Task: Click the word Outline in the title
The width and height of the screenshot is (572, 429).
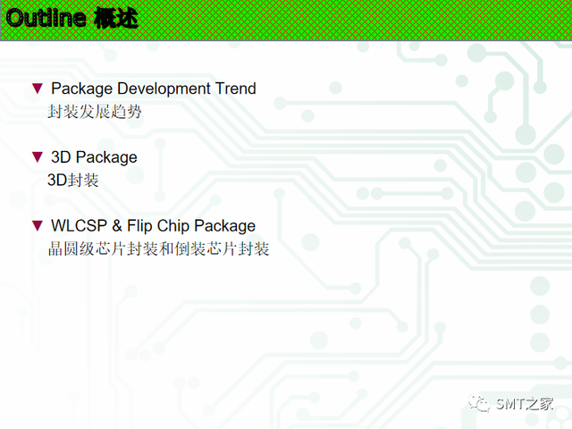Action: click(46, 18)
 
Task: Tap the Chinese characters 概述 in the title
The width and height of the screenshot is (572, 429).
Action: click(116, 18)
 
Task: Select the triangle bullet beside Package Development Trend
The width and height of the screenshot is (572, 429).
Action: click(38, 88)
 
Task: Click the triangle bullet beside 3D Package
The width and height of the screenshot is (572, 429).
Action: click(38, 157)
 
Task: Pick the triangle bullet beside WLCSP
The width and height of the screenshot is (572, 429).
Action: click(38, 225)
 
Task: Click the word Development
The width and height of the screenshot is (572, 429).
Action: click(164, 89)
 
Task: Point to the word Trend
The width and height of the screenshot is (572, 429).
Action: click(236, 88)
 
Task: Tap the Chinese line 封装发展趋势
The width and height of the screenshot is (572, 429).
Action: click(95, 111)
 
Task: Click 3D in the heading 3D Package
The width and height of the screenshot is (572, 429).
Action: click(61, 157)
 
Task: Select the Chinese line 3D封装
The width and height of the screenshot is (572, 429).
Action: click(73, 181)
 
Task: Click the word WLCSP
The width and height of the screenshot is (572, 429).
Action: click(79, 225)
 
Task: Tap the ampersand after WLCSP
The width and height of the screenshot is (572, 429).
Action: click(117, 225)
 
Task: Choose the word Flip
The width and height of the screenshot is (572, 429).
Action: click(139, 226)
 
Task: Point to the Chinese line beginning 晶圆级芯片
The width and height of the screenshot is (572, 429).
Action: click(158, 248)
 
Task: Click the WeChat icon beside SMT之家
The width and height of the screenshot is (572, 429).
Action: click(479, 403)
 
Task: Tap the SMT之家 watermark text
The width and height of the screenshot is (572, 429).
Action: click(525, 404)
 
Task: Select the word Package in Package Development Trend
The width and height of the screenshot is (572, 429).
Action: click(81, 89)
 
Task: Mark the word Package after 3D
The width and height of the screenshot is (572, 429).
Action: click(107, 157)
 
